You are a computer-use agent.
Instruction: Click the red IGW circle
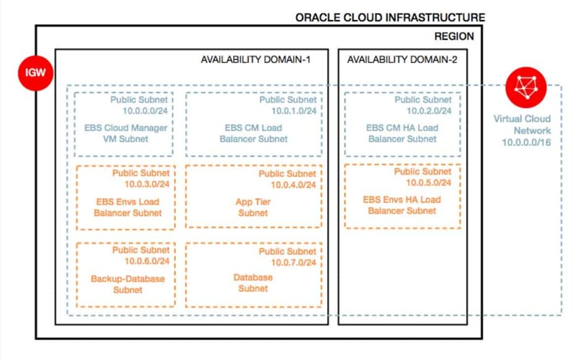[x=36, y=73]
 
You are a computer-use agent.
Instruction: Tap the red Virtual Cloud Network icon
[x=526, y=87]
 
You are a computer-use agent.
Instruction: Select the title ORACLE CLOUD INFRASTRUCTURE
[x=390, y=17]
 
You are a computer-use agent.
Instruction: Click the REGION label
[x=454, y=36]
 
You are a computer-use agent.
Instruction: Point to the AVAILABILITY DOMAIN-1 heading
[x=255, y=59]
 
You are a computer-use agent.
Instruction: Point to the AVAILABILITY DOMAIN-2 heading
[x=402, y=59]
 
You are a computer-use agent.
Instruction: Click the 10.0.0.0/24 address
[x=145, y=111]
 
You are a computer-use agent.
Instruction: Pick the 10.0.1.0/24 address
[x=294, y=111]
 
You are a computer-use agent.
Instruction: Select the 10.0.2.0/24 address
[x=428, y=111]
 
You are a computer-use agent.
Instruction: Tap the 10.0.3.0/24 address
[x=147, y=184]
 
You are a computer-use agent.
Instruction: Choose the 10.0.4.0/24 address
[x=293, y=185]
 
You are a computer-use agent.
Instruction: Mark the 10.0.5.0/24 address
[x=428, y=182]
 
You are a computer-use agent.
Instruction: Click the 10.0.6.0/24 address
[x=147, y=261]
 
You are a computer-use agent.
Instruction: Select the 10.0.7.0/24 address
[x=294, y=262]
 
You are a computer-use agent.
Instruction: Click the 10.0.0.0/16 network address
[x=526, y=142]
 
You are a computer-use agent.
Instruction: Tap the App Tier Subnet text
[x=253, y=207]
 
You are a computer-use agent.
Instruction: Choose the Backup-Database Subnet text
[x=127, y=284]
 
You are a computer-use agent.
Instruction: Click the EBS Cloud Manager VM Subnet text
[x=126, y=133]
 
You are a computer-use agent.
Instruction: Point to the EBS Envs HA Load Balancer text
[x=402, y=205]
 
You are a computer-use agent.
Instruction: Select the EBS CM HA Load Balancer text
[x=402, y=133]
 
